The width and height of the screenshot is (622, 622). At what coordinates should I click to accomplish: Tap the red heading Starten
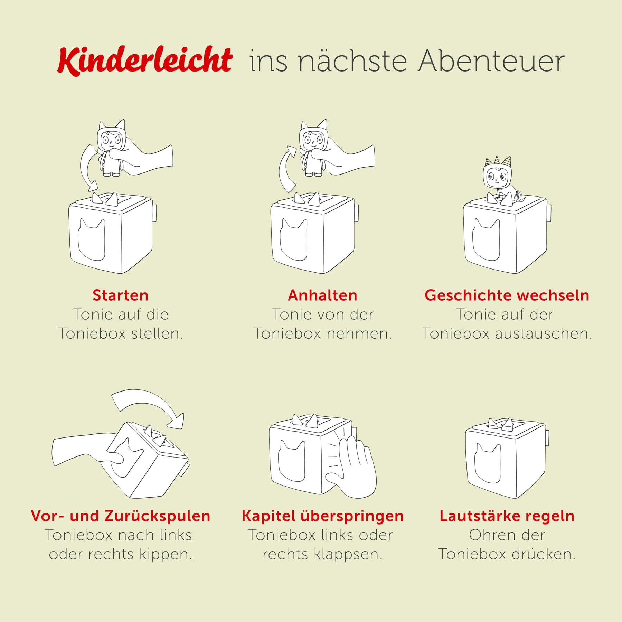coord(121,295)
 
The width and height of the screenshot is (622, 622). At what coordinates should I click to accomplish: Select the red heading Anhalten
coord(323,295)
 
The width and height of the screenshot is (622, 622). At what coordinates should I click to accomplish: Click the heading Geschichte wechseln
coord(507,295)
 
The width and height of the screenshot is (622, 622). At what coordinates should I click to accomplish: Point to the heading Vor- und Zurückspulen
coord(121,516)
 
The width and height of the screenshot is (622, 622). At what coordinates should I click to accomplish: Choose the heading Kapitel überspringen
coord(323,516)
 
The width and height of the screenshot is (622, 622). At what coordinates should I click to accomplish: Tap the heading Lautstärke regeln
coord(507,516)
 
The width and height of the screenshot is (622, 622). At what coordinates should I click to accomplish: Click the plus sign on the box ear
coord(508,426)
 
